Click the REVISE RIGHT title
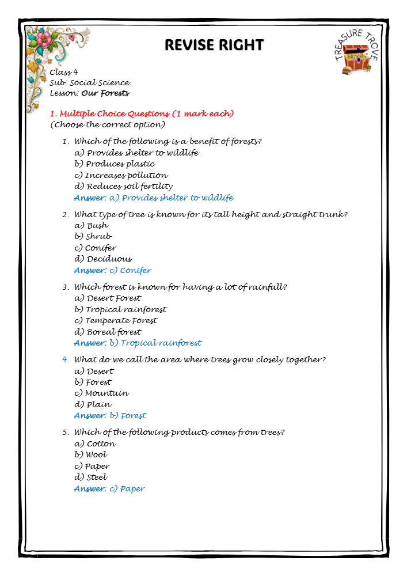point(214,45)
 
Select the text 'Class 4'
point(64,73)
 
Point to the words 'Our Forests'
point(105,93)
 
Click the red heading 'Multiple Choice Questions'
point(144,113)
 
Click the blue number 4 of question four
point(65,360)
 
